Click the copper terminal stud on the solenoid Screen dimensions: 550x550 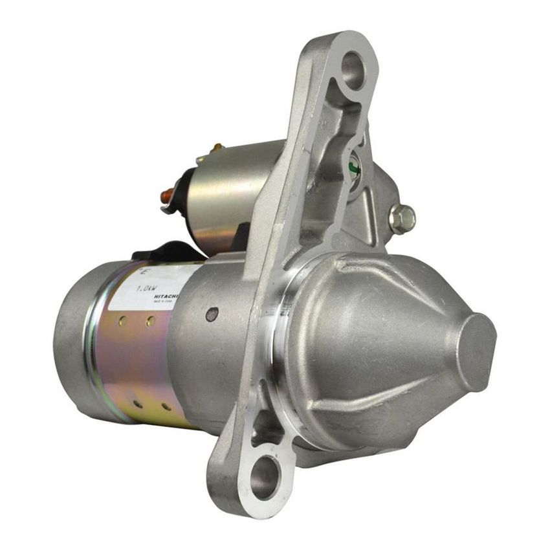click(168, 193)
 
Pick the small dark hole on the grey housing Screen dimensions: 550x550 click(212, 314)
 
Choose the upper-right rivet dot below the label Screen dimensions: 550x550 click(150, 321)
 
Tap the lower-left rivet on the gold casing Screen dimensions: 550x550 click(138, 404)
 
